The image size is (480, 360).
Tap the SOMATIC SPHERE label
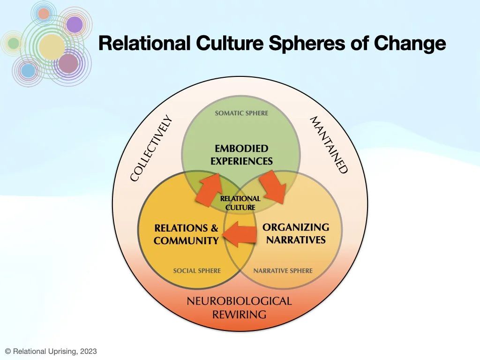241,113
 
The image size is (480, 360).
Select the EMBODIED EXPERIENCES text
241,155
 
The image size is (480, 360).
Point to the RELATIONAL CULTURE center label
240,203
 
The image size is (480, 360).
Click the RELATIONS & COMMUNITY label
186,234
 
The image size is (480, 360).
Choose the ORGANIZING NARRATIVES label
296,233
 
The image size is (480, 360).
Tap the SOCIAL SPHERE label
197,270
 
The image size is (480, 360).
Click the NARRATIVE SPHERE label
283,270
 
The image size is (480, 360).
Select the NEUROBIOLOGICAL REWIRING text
239,307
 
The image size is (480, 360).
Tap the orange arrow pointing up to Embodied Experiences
209,189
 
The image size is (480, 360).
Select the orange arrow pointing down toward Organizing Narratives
275,187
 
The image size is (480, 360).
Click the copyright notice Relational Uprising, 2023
51,351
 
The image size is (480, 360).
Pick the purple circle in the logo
74,25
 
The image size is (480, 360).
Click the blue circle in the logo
29,71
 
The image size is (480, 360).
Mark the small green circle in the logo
14,43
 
